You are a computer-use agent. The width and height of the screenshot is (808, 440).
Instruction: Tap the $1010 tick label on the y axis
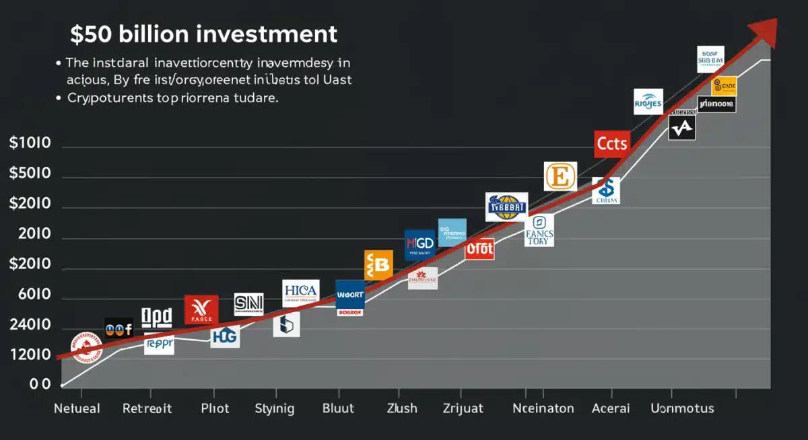pyautogui.click(x=31, y=143)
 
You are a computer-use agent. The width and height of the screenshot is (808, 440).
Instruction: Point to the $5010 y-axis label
pyautogui.click(x=31, y=174)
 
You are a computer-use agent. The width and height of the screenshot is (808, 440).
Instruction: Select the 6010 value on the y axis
pyautogui.click(x=31, y=295)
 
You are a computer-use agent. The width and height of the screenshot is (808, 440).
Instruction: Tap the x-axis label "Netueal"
pyautogui.click(x=77, y=408)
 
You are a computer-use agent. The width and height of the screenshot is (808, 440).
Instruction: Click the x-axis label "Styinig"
pyautogui.click(x=275, y=408)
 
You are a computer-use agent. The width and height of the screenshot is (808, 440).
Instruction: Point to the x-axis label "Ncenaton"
pyautogui.click(x=543, y=408)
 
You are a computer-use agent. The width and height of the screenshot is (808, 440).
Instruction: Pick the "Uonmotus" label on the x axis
pyautogui.click(x=682, y=408)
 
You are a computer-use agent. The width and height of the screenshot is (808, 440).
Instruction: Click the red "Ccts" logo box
pyautogui.click(x=612, y=144)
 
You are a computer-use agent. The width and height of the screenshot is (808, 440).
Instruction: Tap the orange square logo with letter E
pyautogui.click(x=560, y=176)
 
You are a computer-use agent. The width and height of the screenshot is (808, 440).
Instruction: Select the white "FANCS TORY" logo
pyautogui.click(x=539, y=230)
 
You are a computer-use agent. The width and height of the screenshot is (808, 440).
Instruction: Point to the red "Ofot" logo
pyautogui.click(x=479, y=249)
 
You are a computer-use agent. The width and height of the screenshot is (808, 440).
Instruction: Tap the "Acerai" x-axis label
pyautogui.click(x=610, y=408)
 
